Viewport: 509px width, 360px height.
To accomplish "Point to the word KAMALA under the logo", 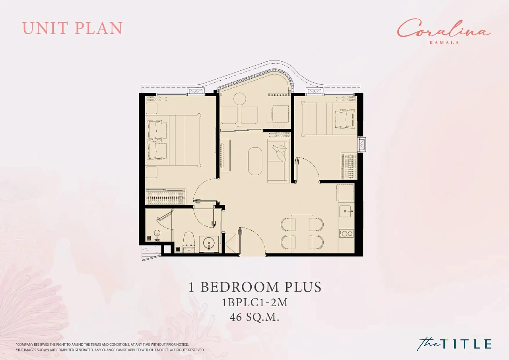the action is click(x=444, y=43).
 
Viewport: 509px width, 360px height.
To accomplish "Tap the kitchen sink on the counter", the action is click(x=346, y=211).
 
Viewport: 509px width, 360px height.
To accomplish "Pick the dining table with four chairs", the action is click(x=302, y=234).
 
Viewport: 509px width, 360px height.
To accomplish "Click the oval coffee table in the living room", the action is click(x=255, y=161).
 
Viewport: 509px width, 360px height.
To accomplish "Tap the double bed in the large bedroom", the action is click(x=173, y=140).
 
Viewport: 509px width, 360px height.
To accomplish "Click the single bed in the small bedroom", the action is click(x=329, y=119).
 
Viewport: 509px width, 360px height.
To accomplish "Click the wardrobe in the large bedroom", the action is click(x=165, y=197).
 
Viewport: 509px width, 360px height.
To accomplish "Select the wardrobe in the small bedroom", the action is click(x=349, y=166).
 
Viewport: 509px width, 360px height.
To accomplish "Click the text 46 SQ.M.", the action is click(x=254, y=317).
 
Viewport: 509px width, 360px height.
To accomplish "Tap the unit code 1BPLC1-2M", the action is click(x=255, y=302).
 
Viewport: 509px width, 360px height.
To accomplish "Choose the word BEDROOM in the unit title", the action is click(x=239, y=287).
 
